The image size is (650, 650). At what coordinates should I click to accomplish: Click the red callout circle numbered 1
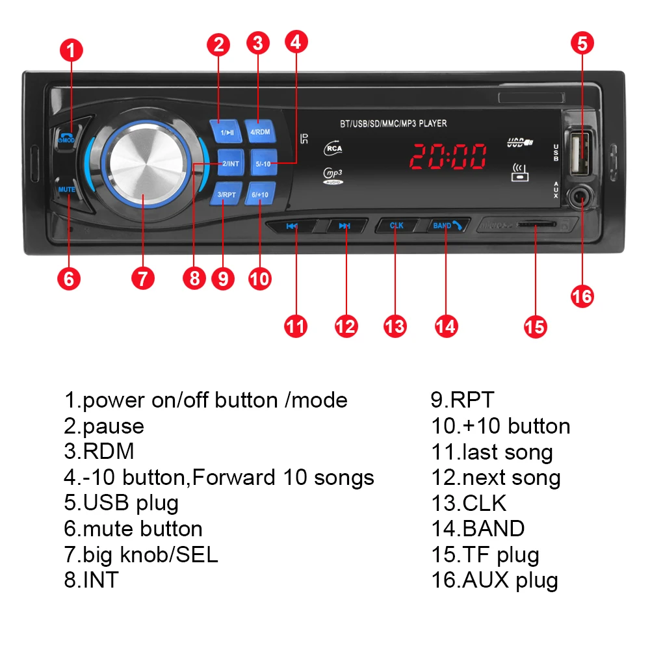(x=71, y=51)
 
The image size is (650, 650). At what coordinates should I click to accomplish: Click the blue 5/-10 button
(x=263, y=163)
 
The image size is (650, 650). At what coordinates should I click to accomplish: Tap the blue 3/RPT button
(x=226, y=194)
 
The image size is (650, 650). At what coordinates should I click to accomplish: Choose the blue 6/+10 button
(x=260, y=194)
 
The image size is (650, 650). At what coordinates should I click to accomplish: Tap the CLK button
(x=396, y=226)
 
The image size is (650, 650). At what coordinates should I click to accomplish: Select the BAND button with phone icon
(x=449, y=226)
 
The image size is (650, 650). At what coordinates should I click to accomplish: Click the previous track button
(x=292, y=226)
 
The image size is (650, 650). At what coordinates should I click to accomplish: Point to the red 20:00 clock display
(x=448, y=157)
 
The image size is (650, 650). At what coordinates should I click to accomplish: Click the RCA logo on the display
(x=333, y=148)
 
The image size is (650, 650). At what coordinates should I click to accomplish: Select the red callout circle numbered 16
(x=582, y=296)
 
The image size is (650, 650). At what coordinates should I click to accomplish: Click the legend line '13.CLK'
(x=468, y=503)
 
